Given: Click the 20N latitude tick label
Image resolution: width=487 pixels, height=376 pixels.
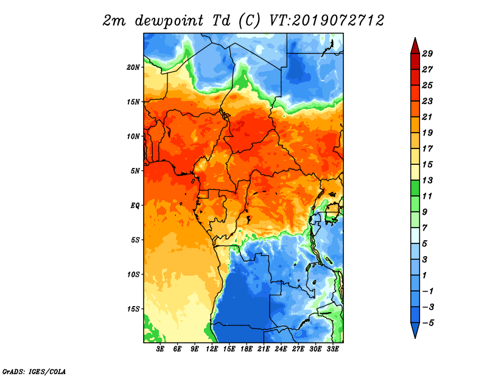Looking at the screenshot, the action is [x=133, y=68].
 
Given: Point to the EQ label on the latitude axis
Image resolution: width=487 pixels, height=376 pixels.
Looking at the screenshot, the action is [x=135, y=206].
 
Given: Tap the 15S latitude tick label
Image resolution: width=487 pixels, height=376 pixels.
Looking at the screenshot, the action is [x=133, y=309].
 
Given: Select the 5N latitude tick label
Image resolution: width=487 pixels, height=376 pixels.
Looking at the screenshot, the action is [x=135, y=171].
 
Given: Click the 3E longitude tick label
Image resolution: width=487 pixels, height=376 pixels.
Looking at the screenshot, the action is [x=160, y=349].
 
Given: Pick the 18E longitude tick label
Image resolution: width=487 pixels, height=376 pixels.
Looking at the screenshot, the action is [x=247, y=349].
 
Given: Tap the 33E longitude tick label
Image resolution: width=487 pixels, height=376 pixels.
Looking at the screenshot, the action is [x=332, y=349].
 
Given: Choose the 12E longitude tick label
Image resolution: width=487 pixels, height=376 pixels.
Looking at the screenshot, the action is [x=212, y=349].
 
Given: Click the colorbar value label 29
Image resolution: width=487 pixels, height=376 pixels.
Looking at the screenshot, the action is [x=427, y=54].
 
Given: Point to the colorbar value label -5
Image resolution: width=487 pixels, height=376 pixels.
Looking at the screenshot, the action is [x=428, y=323].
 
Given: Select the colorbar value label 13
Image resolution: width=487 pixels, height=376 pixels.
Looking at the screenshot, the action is [x=427, y=180].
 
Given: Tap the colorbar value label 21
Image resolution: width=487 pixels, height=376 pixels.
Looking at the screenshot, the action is [x=427, y=117].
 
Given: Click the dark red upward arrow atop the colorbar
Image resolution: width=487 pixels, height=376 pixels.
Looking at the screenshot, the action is [x=415, y=46].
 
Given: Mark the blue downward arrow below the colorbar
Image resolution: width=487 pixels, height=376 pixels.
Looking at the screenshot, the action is [x=415, y=330].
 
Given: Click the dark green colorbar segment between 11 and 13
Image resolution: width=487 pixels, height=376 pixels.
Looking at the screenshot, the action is [x=415, y=188].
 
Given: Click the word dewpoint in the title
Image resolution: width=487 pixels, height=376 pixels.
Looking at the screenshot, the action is [x=169, y=21].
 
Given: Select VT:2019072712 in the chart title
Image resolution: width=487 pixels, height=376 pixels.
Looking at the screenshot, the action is [x=326, y=21].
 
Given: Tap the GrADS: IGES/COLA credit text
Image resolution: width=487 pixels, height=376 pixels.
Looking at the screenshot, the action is [x=34, y=372].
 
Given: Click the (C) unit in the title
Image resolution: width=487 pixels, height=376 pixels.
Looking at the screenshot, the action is [x=250, y=21].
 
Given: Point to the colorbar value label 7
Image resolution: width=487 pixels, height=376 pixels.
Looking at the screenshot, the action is [x=425, y=228].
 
